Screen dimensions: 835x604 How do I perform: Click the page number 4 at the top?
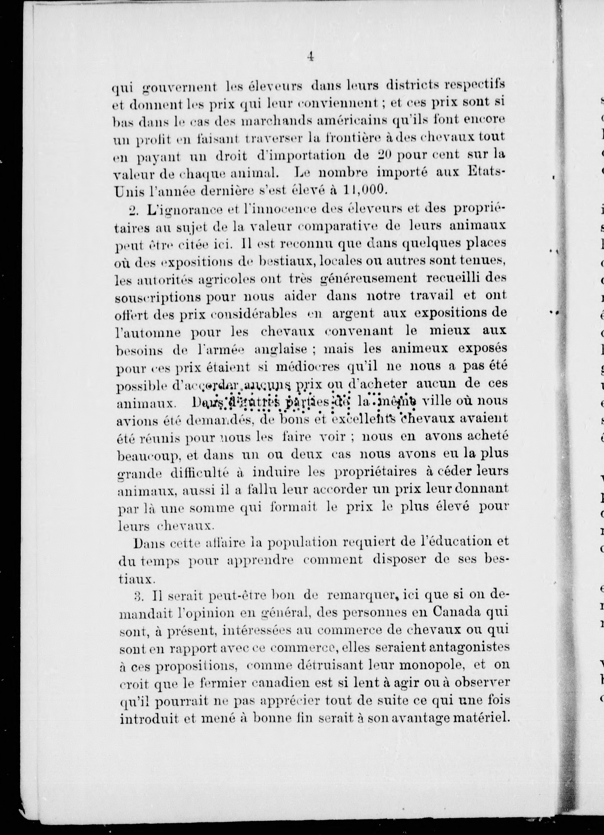310,57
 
